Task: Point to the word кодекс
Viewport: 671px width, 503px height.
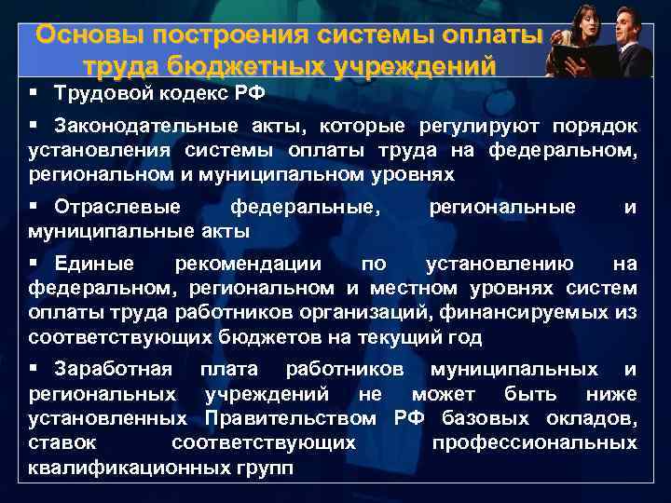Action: tap(184, 94)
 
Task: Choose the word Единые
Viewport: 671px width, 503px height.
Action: tap(94, 265)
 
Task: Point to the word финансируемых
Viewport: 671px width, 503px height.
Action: tap(535, 312)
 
